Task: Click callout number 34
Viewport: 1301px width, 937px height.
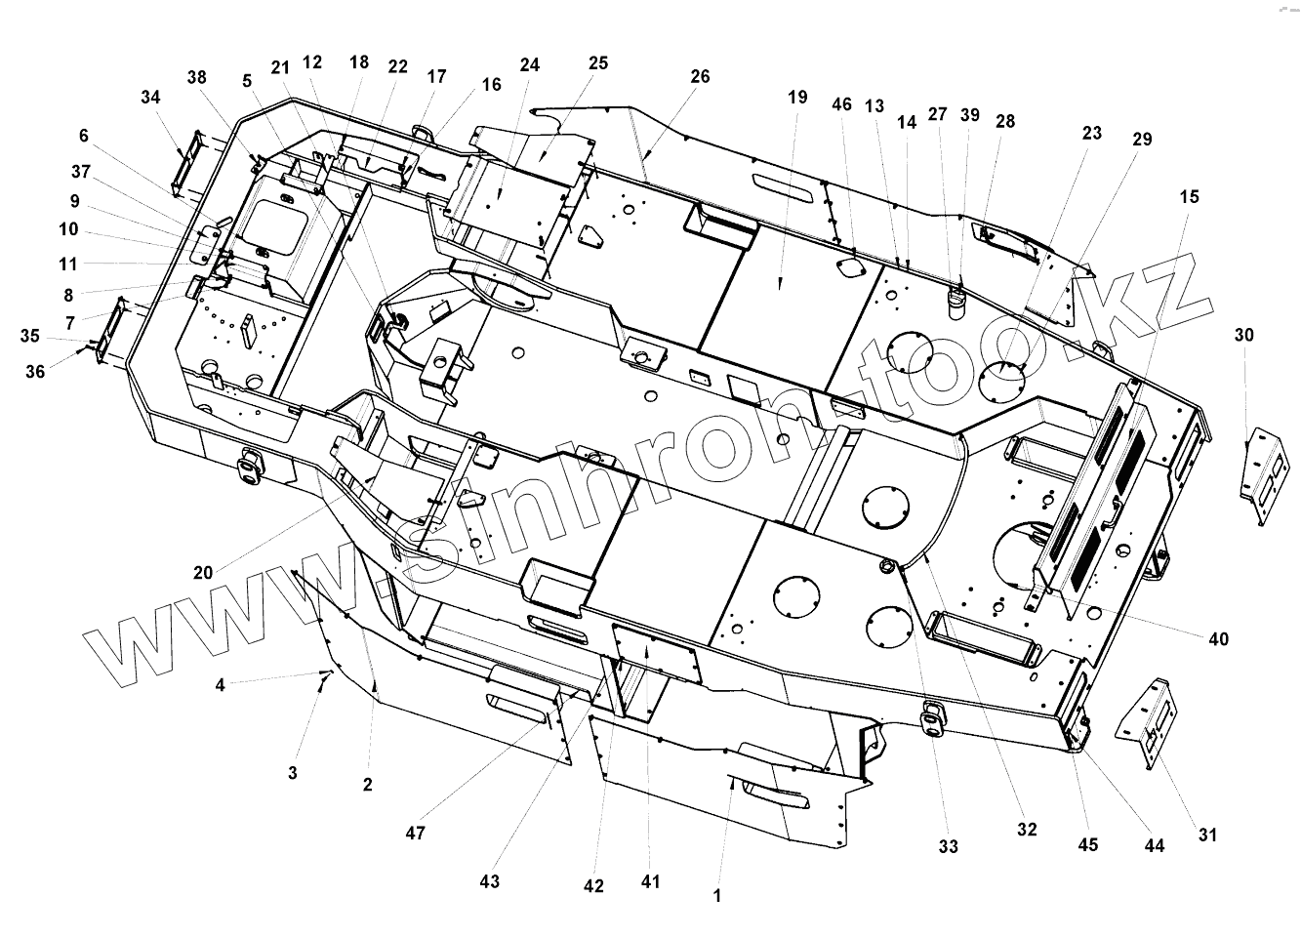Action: (x=150, y=98)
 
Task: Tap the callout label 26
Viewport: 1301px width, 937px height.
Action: (x=700, y=76)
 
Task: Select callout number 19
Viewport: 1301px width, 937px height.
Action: (x=797, y=97)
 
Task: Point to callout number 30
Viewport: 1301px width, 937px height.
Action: (x=1244, y=335)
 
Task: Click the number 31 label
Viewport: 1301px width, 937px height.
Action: (x=1208, y=835)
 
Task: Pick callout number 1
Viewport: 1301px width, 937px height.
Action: (x=717, y=896)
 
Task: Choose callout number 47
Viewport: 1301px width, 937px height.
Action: (x=416, y=833)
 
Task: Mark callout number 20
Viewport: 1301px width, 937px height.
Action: (x=203, y=573)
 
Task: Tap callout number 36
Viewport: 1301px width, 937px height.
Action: (x=35, y=371)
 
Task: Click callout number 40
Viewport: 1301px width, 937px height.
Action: (x=1218, y=639)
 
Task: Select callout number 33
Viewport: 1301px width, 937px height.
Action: (x=949, y=846)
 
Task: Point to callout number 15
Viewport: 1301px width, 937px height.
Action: (x=1189, y=196)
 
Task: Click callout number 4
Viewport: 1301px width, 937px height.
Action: (x=221, y=685)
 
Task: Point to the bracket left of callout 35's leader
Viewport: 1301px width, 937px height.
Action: (x=113, y=330)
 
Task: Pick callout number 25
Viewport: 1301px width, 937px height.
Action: (x=598, y=62)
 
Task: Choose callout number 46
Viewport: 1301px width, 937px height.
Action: (x=841, y=104)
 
